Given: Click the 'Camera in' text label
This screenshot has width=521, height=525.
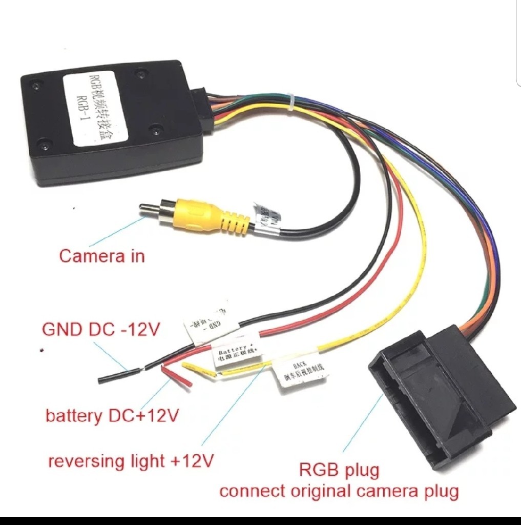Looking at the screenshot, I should point(102,255).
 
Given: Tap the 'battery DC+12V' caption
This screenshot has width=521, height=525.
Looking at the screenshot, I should point(112,415).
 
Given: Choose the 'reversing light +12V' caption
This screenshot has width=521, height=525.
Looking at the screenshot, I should point(130,461).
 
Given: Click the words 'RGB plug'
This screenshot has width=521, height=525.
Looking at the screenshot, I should point(339,469).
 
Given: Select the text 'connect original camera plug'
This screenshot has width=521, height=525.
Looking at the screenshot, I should point(339,491).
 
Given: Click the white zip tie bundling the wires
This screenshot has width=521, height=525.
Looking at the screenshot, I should point(290,102).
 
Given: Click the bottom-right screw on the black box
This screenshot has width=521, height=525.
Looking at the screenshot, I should point(156,130).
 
